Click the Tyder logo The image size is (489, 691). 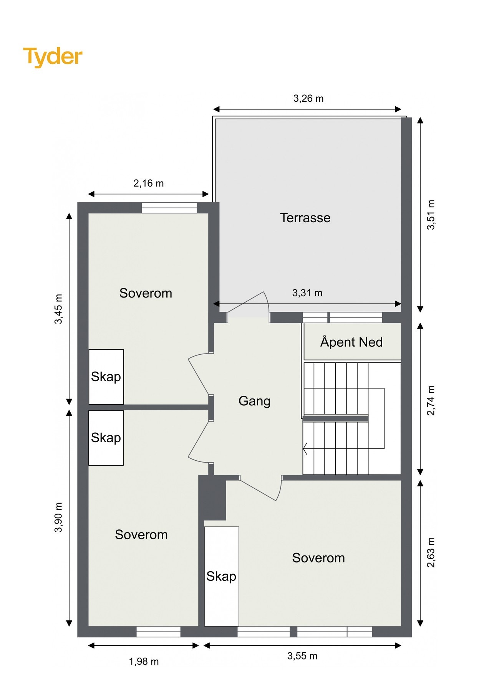[53, 57]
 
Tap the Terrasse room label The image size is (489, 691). [305, 218]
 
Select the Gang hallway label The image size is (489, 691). [254, 401]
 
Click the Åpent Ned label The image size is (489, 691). [351, 342]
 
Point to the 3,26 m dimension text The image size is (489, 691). [308, 99]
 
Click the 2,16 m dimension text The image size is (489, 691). [149, 183]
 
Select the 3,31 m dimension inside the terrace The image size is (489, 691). [307, 293]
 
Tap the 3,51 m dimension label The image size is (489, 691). [431, 215]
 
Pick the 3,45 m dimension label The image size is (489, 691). [58, 309]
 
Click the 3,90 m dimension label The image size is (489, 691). [58, 517]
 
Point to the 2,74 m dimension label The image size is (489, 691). [431, 400]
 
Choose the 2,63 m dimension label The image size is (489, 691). [431, 552]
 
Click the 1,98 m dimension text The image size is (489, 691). [144, 661]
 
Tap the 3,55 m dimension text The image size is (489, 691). [302, 656]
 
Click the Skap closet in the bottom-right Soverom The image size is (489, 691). [221, 576]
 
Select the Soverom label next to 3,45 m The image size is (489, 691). [146, 293]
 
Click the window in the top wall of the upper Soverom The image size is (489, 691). [169, 208]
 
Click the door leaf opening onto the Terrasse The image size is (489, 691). [246, 302]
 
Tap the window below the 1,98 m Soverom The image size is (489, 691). [159, 632]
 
